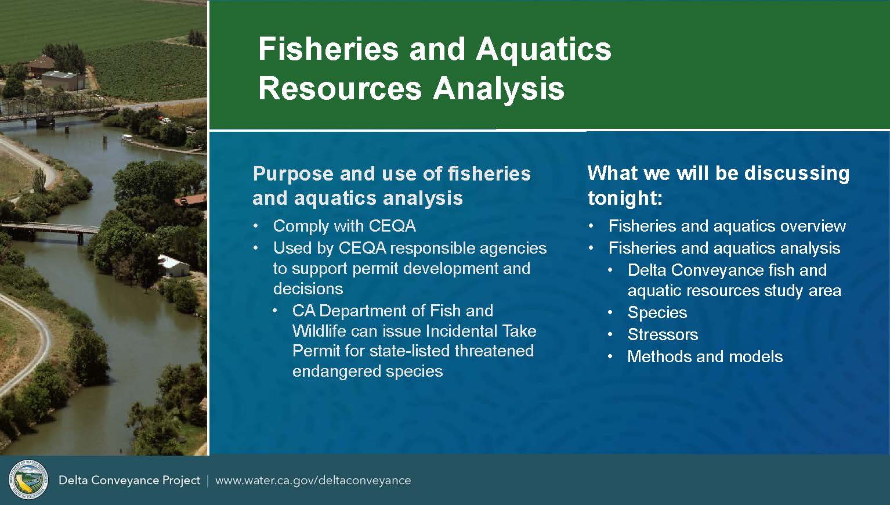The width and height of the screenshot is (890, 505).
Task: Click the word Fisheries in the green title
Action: point(328,49)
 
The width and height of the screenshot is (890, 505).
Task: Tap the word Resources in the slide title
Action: point(340,88)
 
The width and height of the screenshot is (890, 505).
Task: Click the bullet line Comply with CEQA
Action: point(344,226)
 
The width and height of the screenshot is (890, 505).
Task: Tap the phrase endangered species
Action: point(367,371)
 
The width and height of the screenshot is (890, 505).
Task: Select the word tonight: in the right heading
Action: point(625,198)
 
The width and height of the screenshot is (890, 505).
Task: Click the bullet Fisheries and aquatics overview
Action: point(727,226)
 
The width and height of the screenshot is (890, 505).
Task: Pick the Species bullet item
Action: point(657,312)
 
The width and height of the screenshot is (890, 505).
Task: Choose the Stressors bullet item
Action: point(663,334)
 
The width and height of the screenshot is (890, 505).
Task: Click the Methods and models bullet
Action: point(705,356)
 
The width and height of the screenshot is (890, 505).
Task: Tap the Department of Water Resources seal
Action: point(28,479)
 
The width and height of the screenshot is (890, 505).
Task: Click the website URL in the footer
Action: point(313,481)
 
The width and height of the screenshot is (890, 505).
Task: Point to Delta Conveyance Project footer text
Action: point(129,481)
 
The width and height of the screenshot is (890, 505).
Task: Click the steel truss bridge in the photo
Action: point(56,107)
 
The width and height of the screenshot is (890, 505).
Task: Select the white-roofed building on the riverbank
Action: point(173,266)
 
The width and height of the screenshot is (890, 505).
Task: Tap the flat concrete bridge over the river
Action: point(50,230)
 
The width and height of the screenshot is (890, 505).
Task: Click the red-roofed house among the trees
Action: point(192,200)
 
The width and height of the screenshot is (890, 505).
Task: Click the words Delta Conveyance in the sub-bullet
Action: point(696,270)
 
